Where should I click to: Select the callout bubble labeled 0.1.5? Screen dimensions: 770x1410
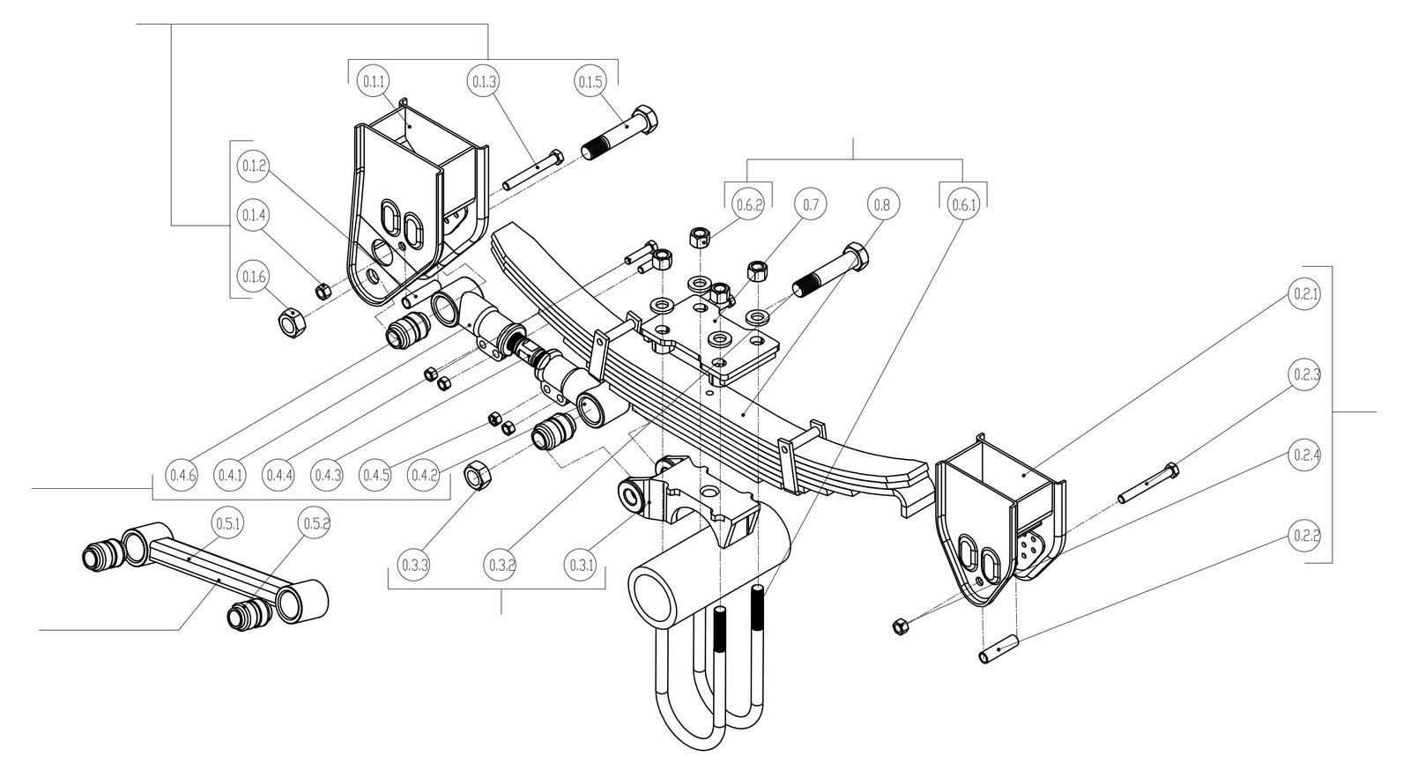pyautogui.click(x=590, y=82)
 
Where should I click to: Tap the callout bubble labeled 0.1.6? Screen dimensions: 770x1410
pyautogui.click(x=253, y=277)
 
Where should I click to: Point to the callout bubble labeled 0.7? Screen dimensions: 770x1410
pyautogui.click(x=811, y=204)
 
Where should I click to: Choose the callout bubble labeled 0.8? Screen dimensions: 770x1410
pyautogui.click(x=882, y=204)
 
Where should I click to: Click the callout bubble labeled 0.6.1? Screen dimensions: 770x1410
pyautogui.click(x=963, y=204)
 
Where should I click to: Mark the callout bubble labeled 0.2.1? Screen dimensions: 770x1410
pyautogui.click(x=1305, y=293)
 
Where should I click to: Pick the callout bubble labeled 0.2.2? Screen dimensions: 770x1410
pyautogui.click(x=1305, y=535)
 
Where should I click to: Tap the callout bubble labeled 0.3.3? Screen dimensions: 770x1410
pyautogui.click(x=413, y=562)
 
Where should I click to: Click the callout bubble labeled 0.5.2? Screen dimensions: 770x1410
pyautogui.click(x=316, y=523)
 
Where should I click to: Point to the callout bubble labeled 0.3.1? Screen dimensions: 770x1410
pyautogui.click(x=582, y=562)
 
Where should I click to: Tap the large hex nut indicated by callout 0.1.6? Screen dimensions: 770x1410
pyautogui.click(x=292, y=323)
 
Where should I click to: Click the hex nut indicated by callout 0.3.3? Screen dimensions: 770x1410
pyautogui.click(x=477, y=476)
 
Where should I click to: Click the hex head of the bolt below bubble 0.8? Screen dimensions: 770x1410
pyautogui.click(x=855, y=255)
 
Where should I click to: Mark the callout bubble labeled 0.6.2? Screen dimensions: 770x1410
pyautogui.click(x=748, y=204)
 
